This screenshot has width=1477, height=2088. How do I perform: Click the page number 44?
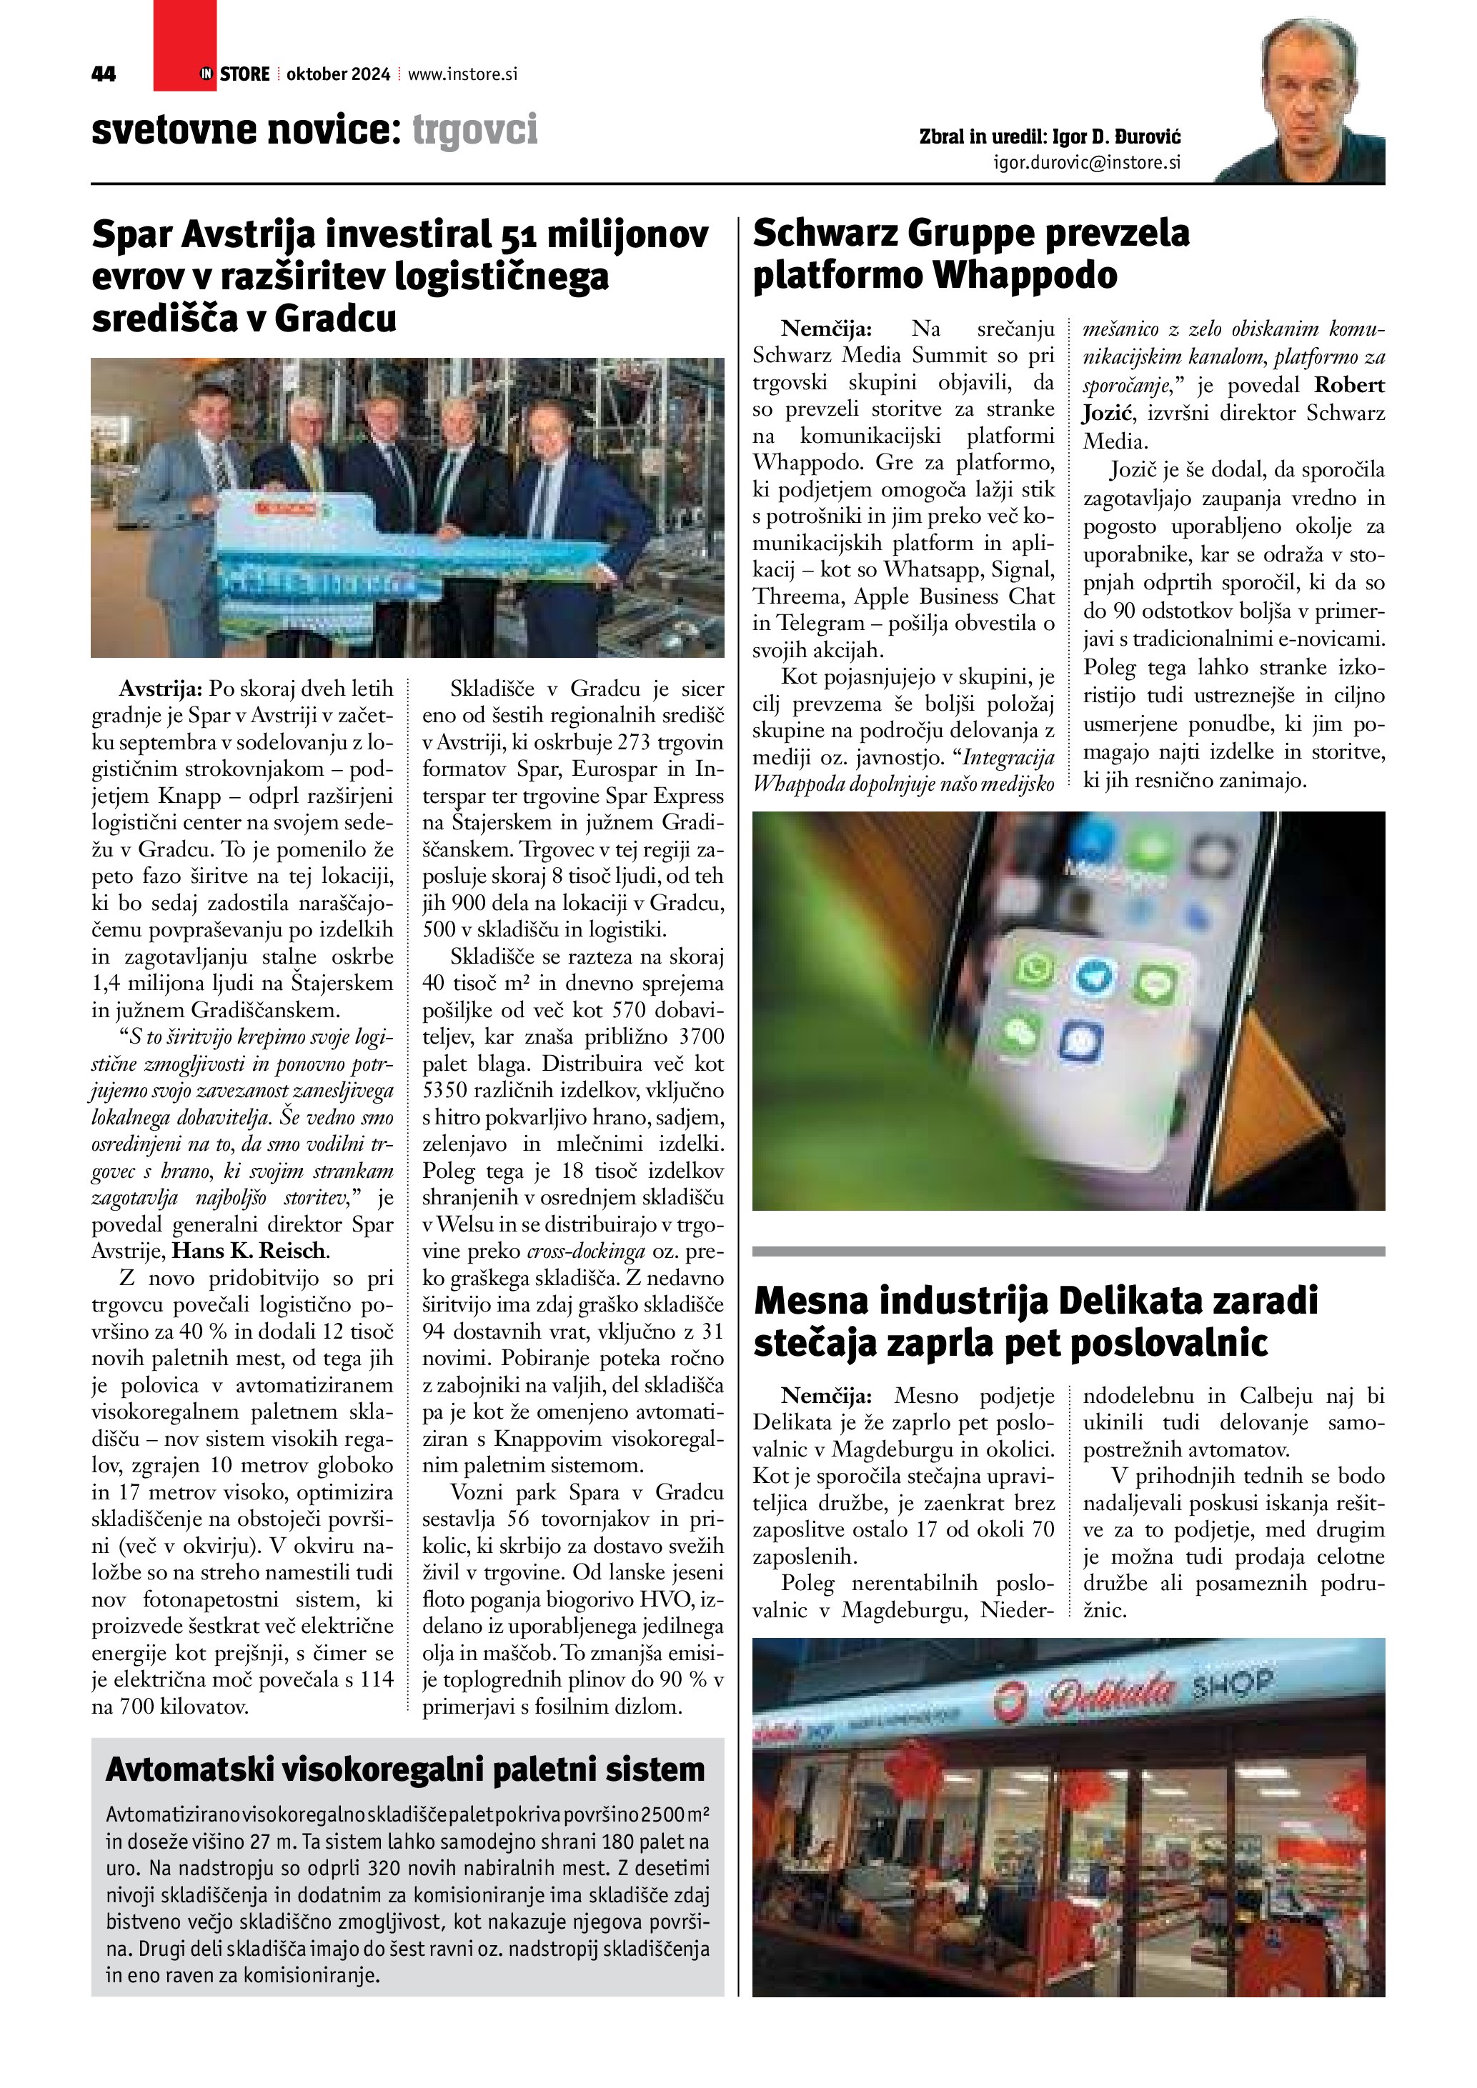104,74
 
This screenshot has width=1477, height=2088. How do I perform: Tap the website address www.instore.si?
462,74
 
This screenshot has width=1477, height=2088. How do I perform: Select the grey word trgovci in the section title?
474,130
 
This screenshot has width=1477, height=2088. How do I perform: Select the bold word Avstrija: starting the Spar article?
159,689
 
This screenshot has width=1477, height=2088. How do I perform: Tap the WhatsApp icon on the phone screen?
1035,969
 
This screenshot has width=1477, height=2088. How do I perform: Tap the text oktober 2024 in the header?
337,74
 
